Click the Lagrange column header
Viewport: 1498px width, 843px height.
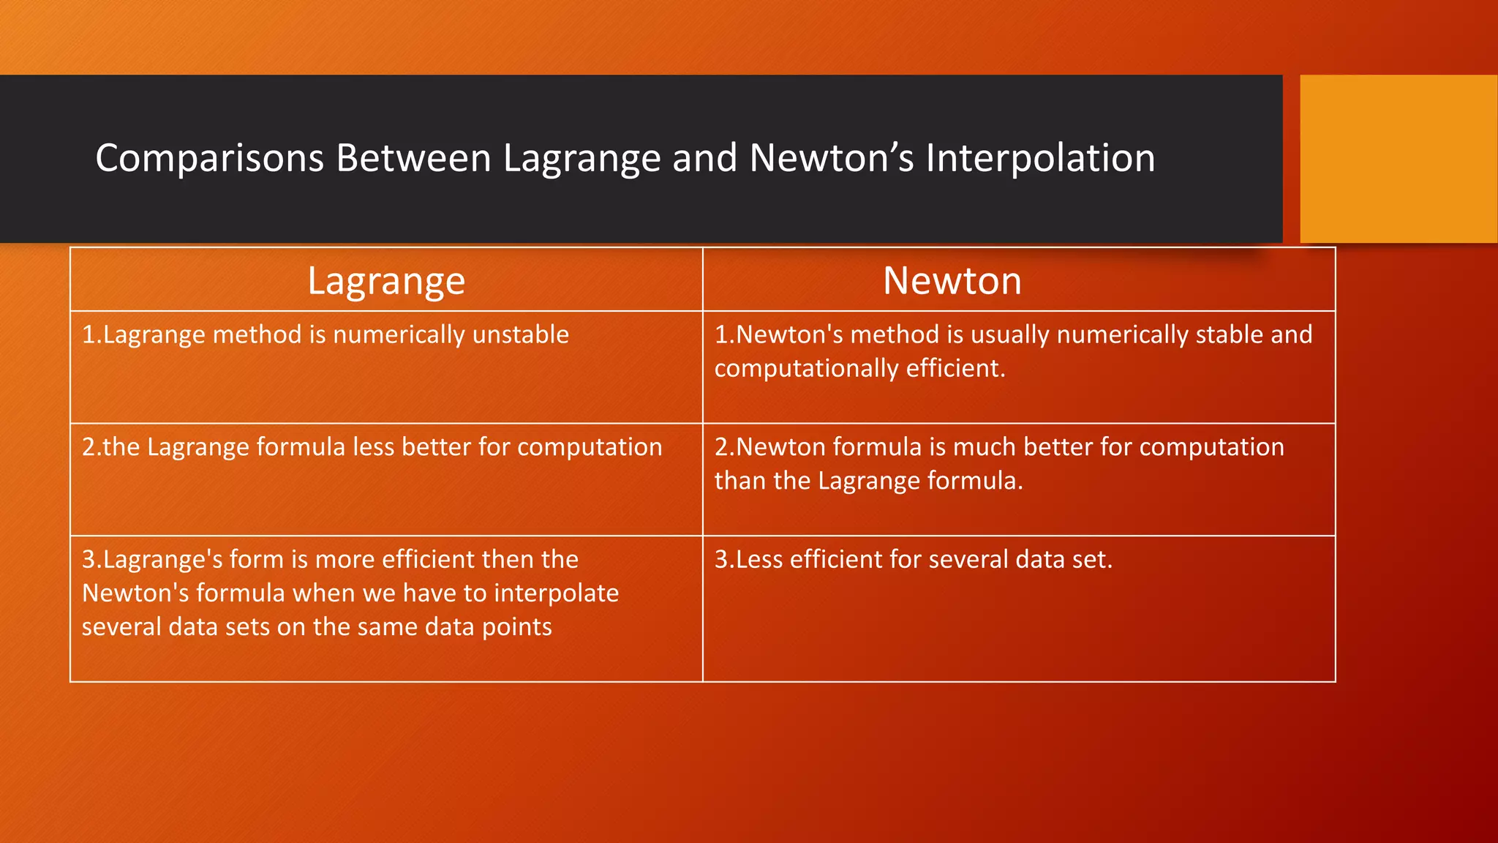click(x=386, y=281)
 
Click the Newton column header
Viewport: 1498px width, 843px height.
click(x=952, y=281)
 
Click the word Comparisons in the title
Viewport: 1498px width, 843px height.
click(x=209, y=158)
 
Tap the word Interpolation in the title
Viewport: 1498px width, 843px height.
click(x=1040, y=158)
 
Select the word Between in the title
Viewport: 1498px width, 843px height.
click(x=413, y=158)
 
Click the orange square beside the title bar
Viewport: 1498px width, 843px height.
click(x=1398, y=159)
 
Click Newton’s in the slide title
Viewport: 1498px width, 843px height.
click(x=831, y=158)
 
